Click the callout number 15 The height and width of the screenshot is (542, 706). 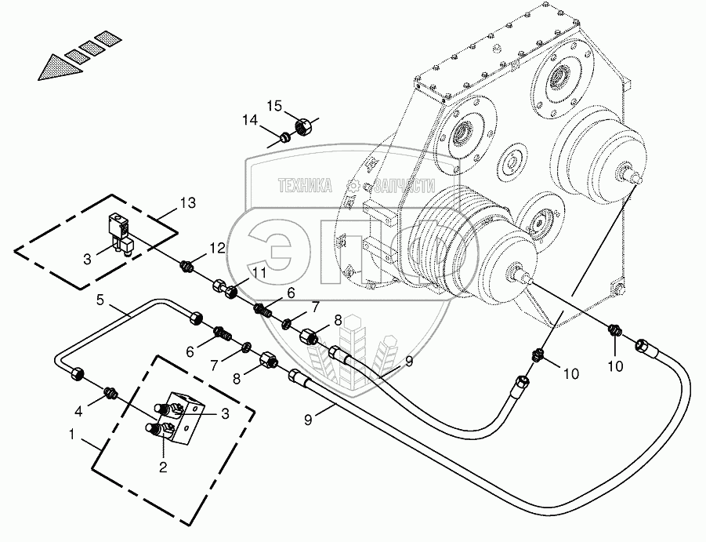pyautogui.click(x=273, y=106)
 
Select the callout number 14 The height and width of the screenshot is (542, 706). pyautogui.click(x=250, y=120)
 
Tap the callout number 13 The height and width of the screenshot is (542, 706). pyautogui.click(x=186, y=204)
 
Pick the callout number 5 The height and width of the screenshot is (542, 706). pyautogui.click(x=101, y=299)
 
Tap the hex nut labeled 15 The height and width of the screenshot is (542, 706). pyautogui.click(x=304, y=125)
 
